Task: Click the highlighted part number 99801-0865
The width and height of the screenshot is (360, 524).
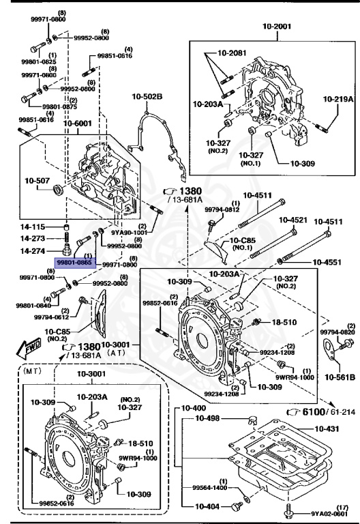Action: (x=75, y=261)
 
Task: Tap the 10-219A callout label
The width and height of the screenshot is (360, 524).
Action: (x=338, y=99)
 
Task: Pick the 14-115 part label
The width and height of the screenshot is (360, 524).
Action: (x=32, y=227)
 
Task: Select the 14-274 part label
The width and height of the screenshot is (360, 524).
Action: (x=32, y=251)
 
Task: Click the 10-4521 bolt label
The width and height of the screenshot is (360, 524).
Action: (x=292, y=220)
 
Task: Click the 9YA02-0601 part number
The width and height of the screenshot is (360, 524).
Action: (x=329, y=514)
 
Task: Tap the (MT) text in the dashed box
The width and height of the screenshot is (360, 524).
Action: (x=34, y=373)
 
